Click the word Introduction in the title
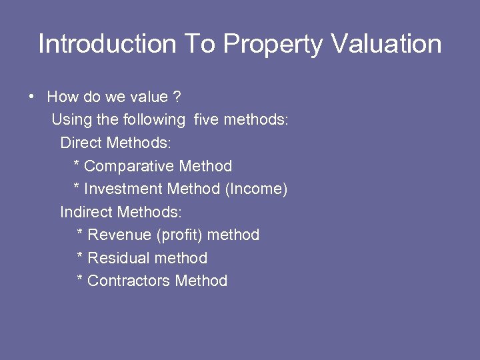(107, 44)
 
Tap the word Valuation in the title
(386, 44)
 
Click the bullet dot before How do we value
(32, 97)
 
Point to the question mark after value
(177, 97)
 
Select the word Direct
(81, 143)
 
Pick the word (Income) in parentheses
(257, 189)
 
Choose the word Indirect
(86, 212)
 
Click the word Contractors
(128, 281)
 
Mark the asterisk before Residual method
(80, 257)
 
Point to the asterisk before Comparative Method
(76, 165)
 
